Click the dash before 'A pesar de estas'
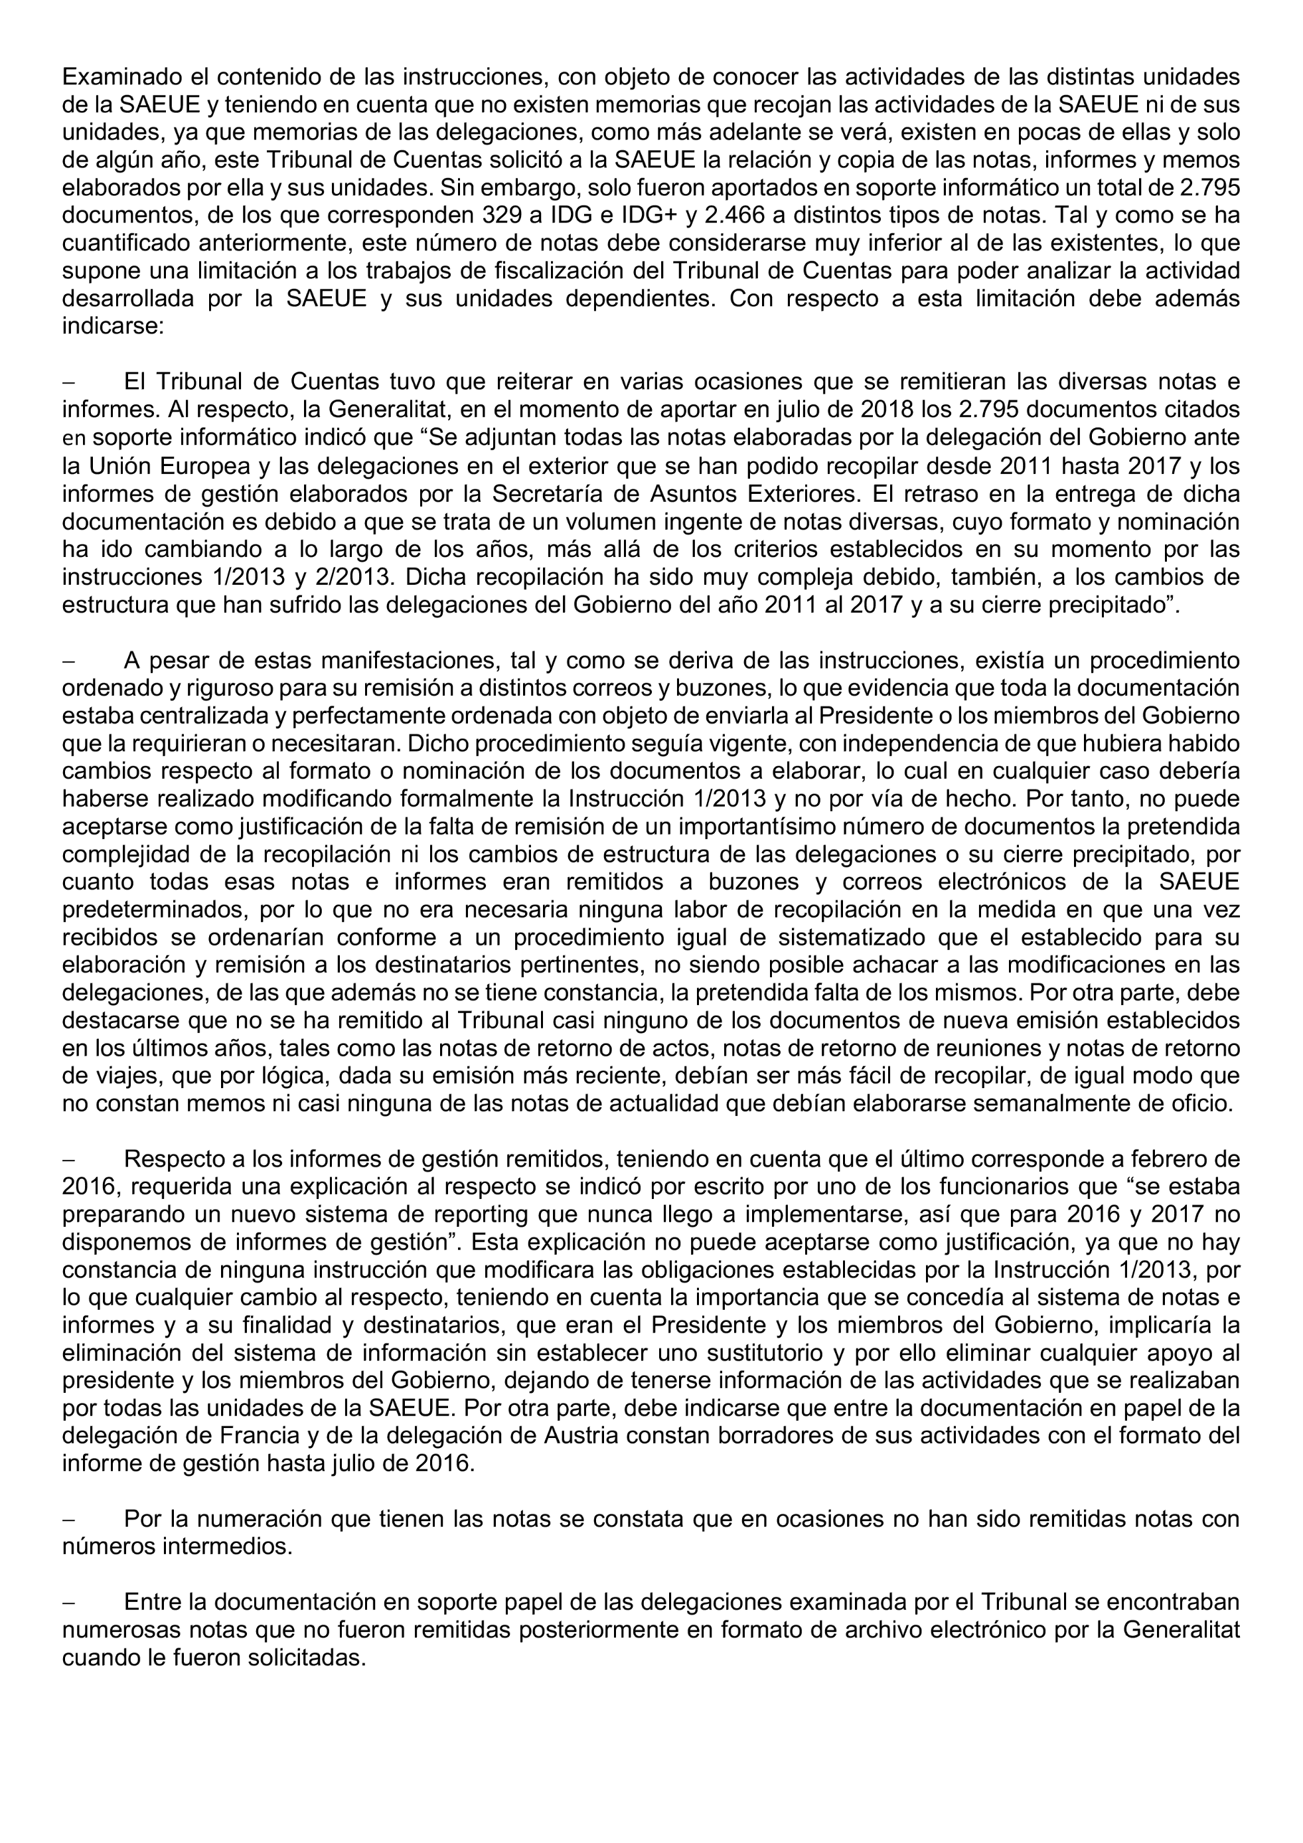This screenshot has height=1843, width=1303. coord(68,661)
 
